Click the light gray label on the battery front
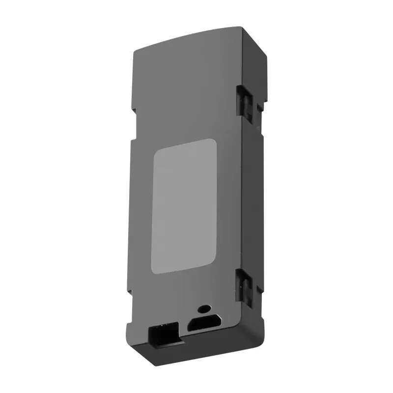pos(185,205)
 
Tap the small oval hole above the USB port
pos(202,310)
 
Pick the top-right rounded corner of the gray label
pos(214,141)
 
